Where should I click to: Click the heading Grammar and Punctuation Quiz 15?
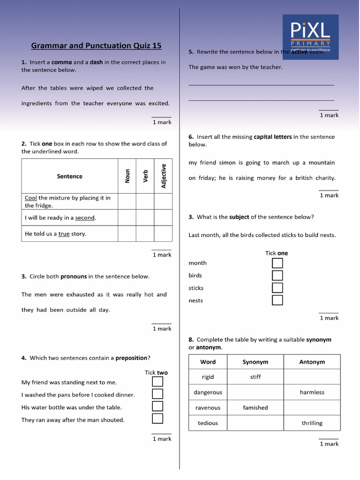point(96,45)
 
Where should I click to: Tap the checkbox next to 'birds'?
point(277,276)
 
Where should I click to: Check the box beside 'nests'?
point(277,300)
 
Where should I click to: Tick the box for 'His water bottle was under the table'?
point(157,406)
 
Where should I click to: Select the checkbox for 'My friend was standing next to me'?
point(157,382)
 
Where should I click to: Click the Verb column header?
point(145,176)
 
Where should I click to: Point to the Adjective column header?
point(164,176)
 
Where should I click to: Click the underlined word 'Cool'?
point(31,198)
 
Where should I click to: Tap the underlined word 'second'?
point(85,217)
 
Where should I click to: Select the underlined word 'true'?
point(64,233)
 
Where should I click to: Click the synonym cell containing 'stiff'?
point(255,377)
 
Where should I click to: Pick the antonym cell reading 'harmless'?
point(312,392)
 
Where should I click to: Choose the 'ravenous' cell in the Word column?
point(208,408)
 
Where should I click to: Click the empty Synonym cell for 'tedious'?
point(255,423)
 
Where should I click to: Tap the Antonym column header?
point(312,362)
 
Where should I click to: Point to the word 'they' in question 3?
point(27,310)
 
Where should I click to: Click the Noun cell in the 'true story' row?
point(127,233)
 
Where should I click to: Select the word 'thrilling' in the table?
point(312,423)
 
